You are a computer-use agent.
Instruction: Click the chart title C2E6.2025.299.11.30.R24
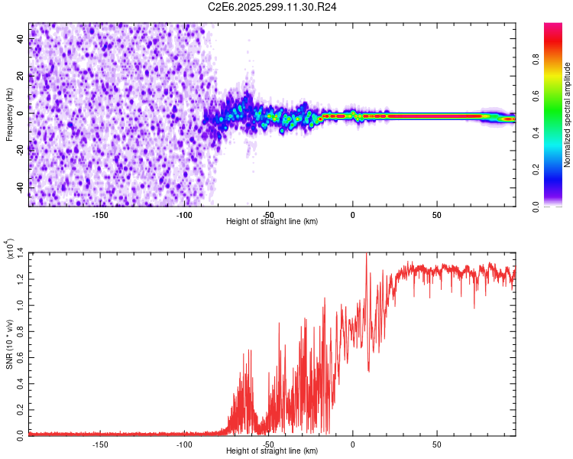pyautogui.click(x=273, y=7)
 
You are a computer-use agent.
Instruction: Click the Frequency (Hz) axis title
pyautogui.click(x=9, y=114)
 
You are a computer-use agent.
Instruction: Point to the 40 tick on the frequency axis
pyautogui.click(x=21, y=40)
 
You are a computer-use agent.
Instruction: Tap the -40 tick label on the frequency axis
pyautogui.click(x=21, y=187)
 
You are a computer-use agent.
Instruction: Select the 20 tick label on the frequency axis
pyautogui.click(x=21, y=76)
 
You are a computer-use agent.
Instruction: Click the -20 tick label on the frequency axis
pyautogui.click(x=21, y=150)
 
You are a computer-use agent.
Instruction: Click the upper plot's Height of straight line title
pyautogui.click(x=272, y=221)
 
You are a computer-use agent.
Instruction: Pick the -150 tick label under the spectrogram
pyautogui.click(x=99, y=214)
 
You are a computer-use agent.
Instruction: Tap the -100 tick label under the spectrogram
pyautogui.click(x=184, y=214)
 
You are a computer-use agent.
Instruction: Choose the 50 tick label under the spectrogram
pyautogui.click(x=436, y=214)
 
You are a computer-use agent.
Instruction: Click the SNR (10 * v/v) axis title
pyautogui.click(x=9, y=343)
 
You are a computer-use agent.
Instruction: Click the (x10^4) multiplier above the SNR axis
pyautogui.click(x=9, y=249)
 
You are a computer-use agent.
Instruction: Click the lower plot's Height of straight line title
pyautogui.click(x=272, y=451)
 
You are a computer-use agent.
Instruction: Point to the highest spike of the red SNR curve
pyautogui.click(x=367, y=255)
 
